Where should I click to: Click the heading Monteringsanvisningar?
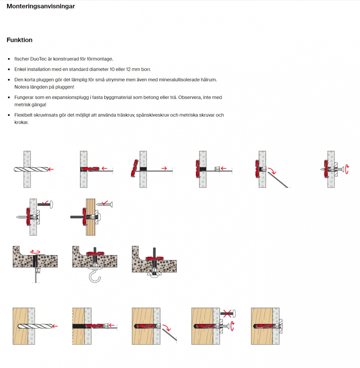pyautogui.click(x=41, y=6)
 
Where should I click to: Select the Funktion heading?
pyautogui.click(x=20, y=40)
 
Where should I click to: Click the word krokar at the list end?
pyautogui.click(x=21, y=122)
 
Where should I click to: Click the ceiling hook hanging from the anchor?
pyautogui.click(x=94, y=276)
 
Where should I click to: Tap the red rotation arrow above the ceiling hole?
pyautogui.click(x=35, y=251)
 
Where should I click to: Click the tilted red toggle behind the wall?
pyautogui.click(x=133, y=168)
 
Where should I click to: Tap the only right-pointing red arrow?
pyautogui.click(x=163, y=169)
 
